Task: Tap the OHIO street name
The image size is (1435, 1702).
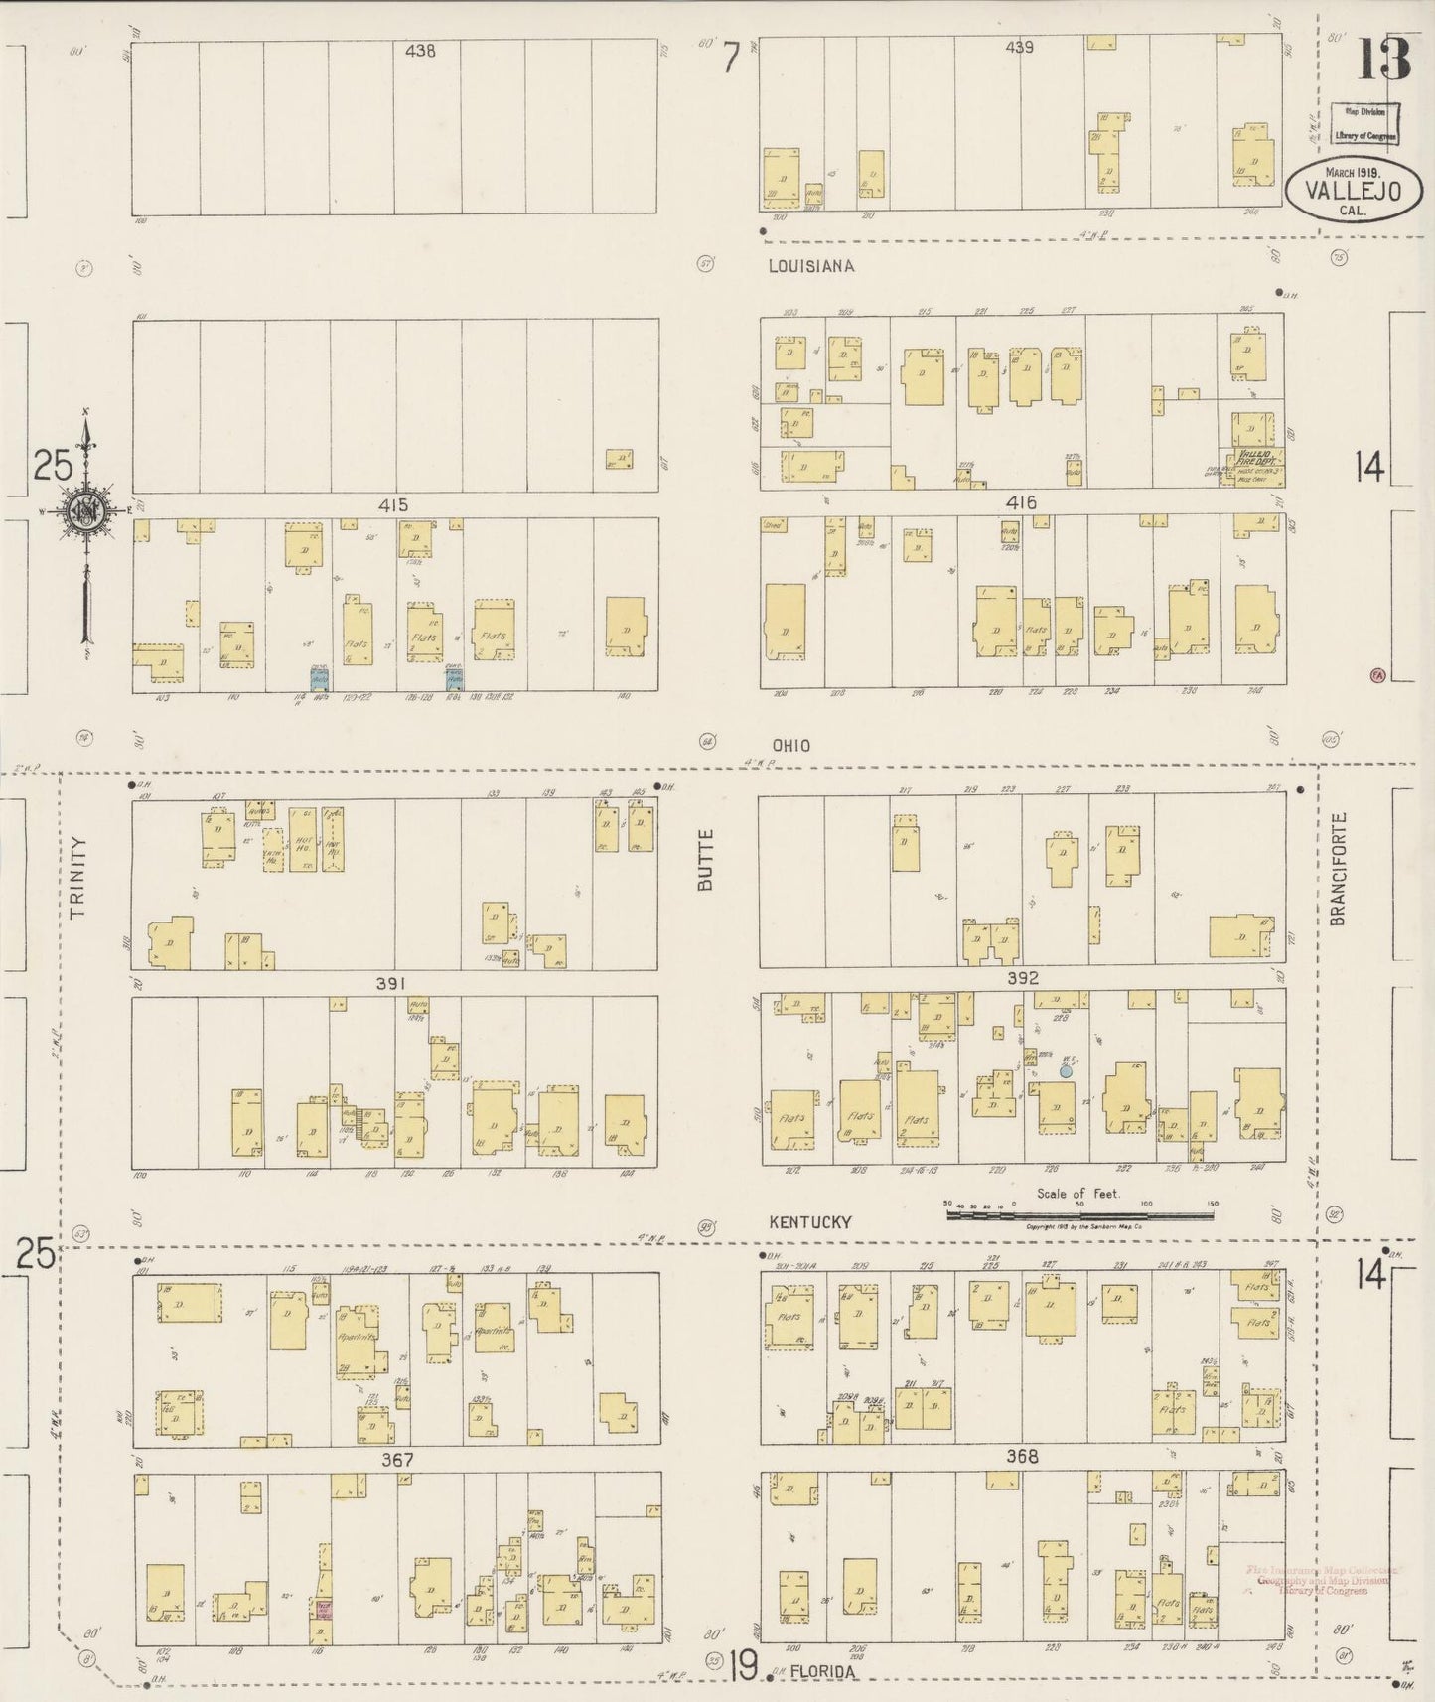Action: [x=790, y=746]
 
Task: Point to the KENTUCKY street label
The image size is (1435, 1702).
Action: [x=810, y=1222]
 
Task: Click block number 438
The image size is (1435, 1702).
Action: [x=420, y=50]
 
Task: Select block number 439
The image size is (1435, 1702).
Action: [x=1020, y=47]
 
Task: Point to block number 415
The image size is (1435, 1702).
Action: [x=393, y=505]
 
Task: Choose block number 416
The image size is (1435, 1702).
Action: [x=1021, y=503]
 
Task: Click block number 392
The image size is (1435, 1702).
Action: [x=1022, y=978]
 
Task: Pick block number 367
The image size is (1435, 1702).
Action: [x=396, y=1459]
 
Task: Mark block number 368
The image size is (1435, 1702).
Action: [x=1022, y=1457]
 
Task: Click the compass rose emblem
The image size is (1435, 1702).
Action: [x=86, y=512]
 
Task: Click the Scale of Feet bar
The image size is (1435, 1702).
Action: [x=1080, y=1212]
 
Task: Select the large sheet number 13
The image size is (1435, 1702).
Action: [x=1383, y=60]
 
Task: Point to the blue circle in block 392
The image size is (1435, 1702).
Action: [x=1066, y=1071]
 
